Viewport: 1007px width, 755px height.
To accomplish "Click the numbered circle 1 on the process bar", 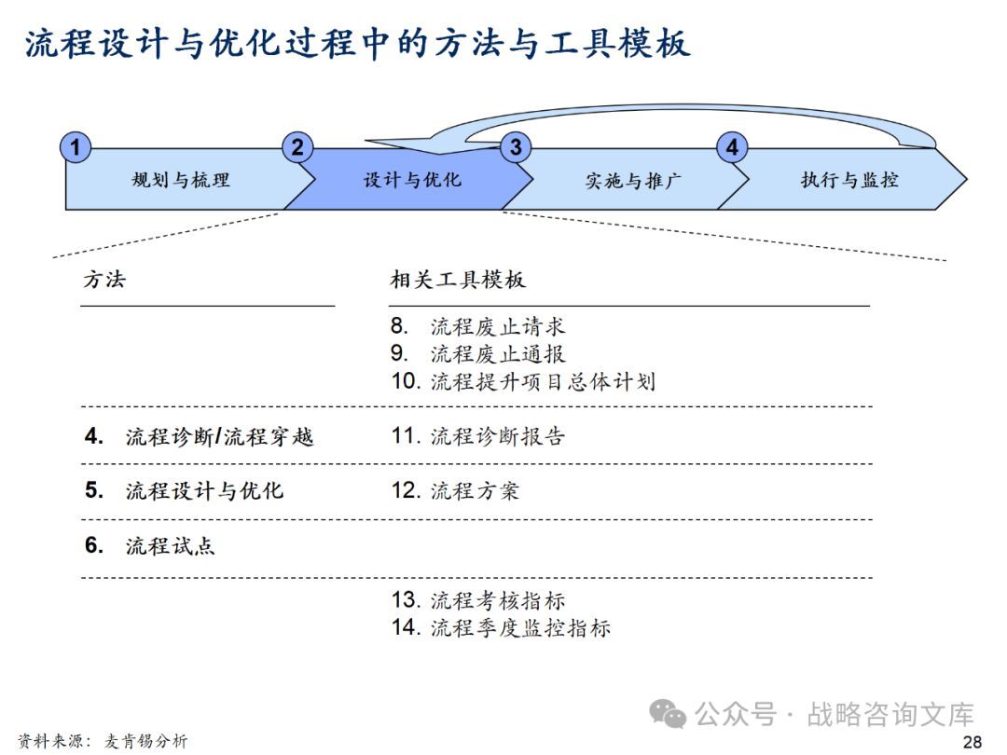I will tap(76, 147).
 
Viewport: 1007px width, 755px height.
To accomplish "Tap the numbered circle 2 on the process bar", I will tap(297, 147).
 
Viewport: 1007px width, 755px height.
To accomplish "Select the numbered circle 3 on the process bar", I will tap(516, 147).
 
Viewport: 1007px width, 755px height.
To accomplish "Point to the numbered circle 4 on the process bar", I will tap(732, 147).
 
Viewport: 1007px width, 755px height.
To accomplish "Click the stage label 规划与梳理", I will tap(181, 180).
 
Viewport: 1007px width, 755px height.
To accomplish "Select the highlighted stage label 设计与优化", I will tap(412, 180).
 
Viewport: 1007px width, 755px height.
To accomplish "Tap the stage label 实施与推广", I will tap(633, 181).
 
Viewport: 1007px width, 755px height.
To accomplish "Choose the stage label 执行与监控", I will tap(849, 180).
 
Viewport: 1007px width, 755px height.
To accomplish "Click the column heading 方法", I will tap(103, 279).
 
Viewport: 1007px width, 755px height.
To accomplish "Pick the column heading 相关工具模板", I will tap(457, 279).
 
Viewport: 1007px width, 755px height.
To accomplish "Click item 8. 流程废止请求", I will tap(478, 327).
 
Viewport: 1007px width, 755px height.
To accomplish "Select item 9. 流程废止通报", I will tap(478, 354).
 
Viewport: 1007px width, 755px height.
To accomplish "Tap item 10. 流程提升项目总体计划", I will tap(523, 381).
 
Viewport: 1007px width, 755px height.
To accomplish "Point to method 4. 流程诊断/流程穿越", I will tap(200, 436).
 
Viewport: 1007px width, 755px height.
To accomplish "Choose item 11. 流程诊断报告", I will tap(478, 436).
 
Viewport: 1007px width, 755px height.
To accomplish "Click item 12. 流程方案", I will tap(455, 490).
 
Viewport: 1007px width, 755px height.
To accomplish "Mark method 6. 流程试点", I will tap(150, 545).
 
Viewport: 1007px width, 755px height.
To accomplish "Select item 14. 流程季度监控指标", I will tap(501, 627).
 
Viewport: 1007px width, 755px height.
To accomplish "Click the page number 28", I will tap(973, 742).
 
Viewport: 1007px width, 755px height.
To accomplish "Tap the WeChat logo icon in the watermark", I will tap(668, 715).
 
